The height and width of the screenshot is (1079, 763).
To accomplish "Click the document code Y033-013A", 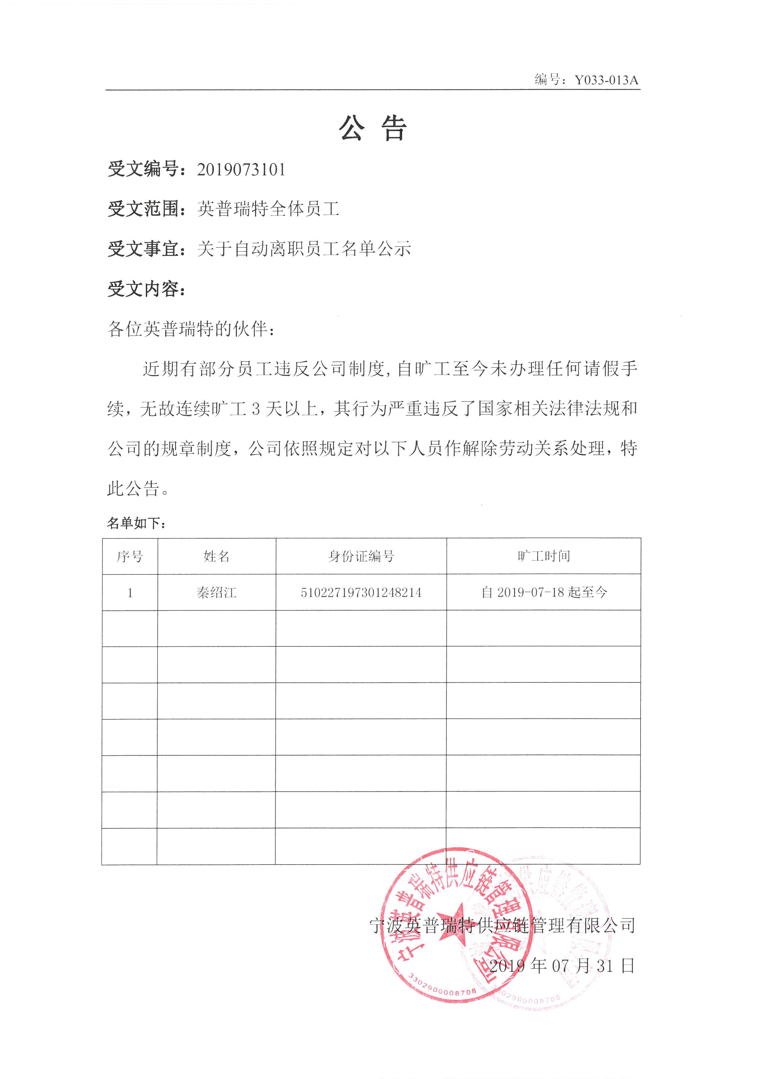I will coord(606,80).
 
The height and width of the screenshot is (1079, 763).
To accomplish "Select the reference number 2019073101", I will coord(241,170).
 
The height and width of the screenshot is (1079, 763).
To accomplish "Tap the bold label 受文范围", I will coord(144,209).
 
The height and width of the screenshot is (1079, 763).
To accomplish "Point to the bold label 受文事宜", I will coord(144,249).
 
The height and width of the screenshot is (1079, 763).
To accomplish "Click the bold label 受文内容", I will coord(144,289).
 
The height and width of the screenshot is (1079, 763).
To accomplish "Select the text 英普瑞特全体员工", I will coord(268,209).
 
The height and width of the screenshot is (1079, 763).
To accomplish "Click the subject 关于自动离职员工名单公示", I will coord(304,249).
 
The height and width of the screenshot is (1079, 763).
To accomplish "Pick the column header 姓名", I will coord(217,556).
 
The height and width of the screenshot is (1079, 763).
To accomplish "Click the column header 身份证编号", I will coord(361,556).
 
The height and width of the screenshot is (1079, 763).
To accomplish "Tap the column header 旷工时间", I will coord(544,556).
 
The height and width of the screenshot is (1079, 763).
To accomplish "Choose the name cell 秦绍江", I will coord(217,593).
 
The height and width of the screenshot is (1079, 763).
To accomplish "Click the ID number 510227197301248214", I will coord(361,593).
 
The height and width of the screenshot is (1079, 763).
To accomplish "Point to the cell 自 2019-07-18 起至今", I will coord(544,593).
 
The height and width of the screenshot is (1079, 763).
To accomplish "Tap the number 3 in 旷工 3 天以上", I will coord(256,409).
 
